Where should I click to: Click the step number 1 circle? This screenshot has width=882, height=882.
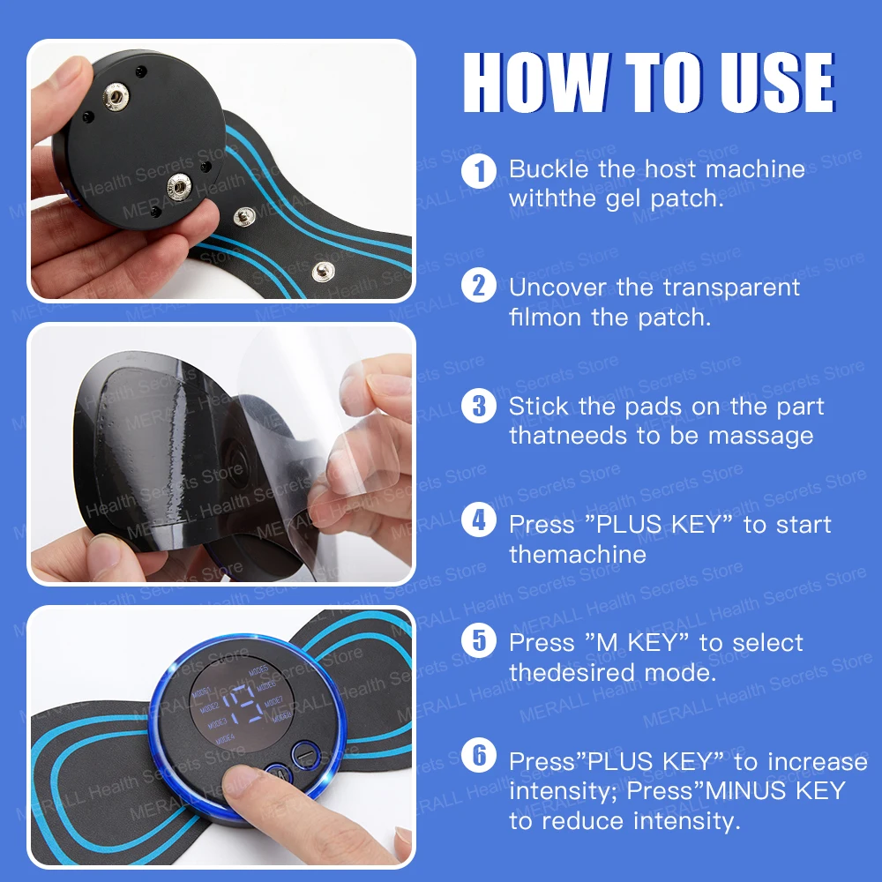coord(479,168)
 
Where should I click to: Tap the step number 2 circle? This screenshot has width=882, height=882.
coord(479,287)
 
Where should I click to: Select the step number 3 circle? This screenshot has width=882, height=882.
coord(479,406)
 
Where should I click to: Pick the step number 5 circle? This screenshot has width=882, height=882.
coord(479,642)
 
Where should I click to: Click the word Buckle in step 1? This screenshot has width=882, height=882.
coord(550,168)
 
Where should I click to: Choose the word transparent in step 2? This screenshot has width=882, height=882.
coord(732,288)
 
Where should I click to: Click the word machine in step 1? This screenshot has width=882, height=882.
coord(749,168)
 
